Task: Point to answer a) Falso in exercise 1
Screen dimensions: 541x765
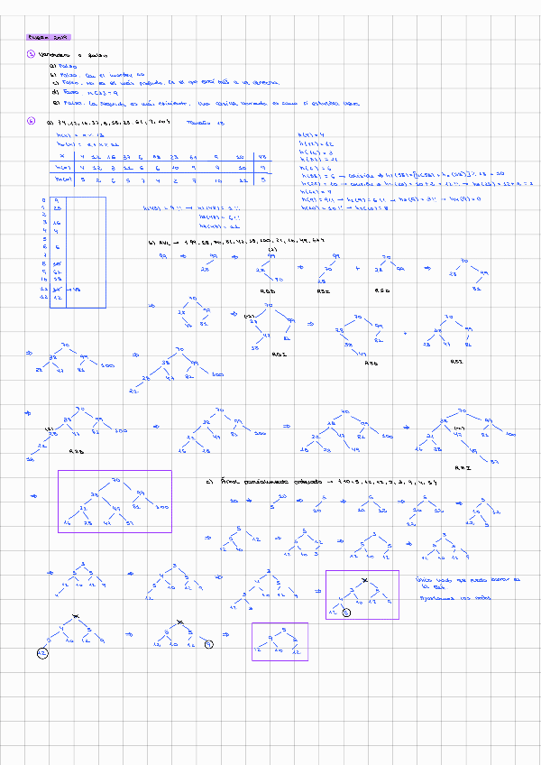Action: click(x=63, y=66)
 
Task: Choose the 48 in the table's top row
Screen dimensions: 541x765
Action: click(x=261, y=155)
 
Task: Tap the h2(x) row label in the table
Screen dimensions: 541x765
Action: click(x=63, y=180)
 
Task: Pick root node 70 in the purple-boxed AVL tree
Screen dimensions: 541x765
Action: click(x=115, y=479)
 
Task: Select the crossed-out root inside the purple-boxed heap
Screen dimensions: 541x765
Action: click(x=364, y=582)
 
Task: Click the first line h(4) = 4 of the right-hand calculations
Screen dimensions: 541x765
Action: click(x=310, y=135)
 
